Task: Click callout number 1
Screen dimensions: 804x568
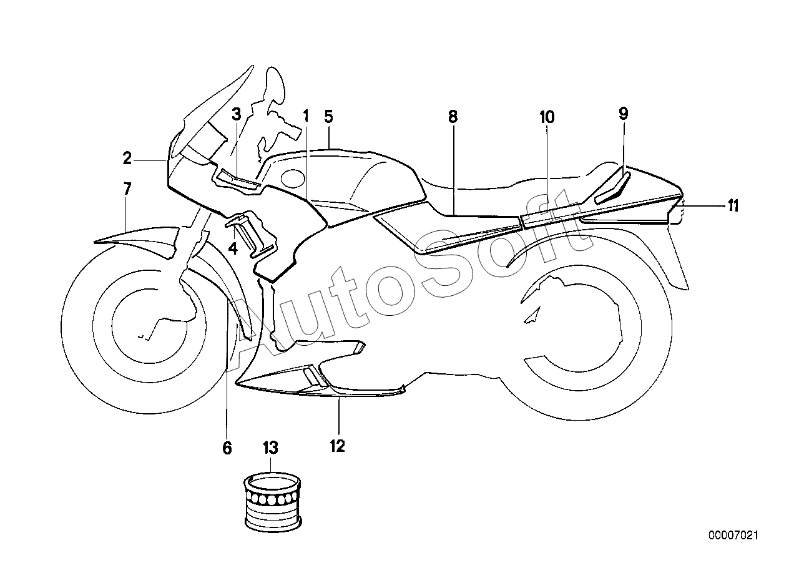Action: [306, 115]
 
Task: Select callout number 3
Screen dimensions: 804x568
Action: [236, 114]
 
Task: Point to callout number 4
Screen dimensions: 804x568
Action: [233, 248]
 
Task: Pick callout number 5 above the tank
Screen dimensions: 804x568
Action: [329, 116]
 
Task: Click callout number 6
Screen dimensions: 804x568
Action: [227, 447]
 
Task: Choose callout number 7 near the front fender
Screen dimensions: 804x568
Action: [127, 189]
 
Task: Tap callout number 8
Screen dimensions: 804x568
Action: [453, 116]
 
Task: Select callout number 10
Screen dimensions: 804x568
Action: [547, 117]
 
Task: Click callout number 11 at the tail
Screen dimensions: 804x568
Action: [732, 205]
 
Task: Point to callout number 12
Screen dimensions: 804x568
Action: [338, 446]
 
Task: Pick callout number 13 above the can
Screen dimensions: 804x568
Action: [270, 447]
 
